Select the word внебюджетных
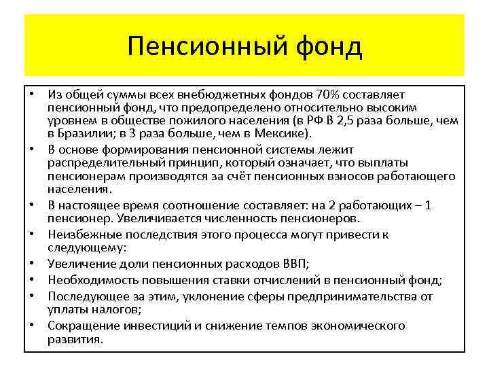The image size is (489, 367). (213, 94)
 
